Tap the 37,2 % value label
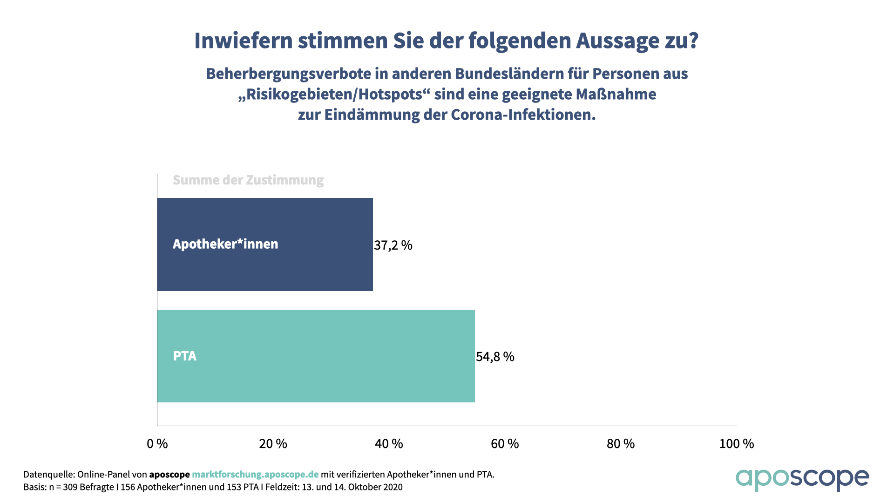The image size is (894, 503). click(393, 245)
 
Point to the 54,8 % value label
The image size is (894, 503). click(495, 357)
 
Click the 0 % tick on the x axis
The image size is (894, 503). click(157, 444)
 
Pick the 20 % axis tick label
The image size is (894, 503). click(273, 444)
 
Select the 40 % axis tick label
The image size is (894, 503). click(389, 444)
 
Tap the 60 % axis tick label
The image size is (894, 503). click(505, 444)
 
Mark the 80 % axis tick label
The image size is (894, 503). click(621, 444)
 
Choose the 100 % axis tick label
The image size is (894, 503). click(737, 444)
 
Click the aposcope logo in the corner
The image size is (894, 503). click(802, 479)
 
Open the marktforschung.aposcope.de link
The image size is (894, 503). click(255, 475)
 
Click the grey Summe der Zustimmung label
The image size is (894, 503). click(248, 180)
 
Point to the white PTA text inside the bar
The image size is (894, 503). click(185, 356)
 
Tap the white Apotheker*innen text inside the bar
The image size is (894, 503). click(225, 244)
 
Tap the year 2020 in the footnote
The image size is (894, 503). click(392, 487)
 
